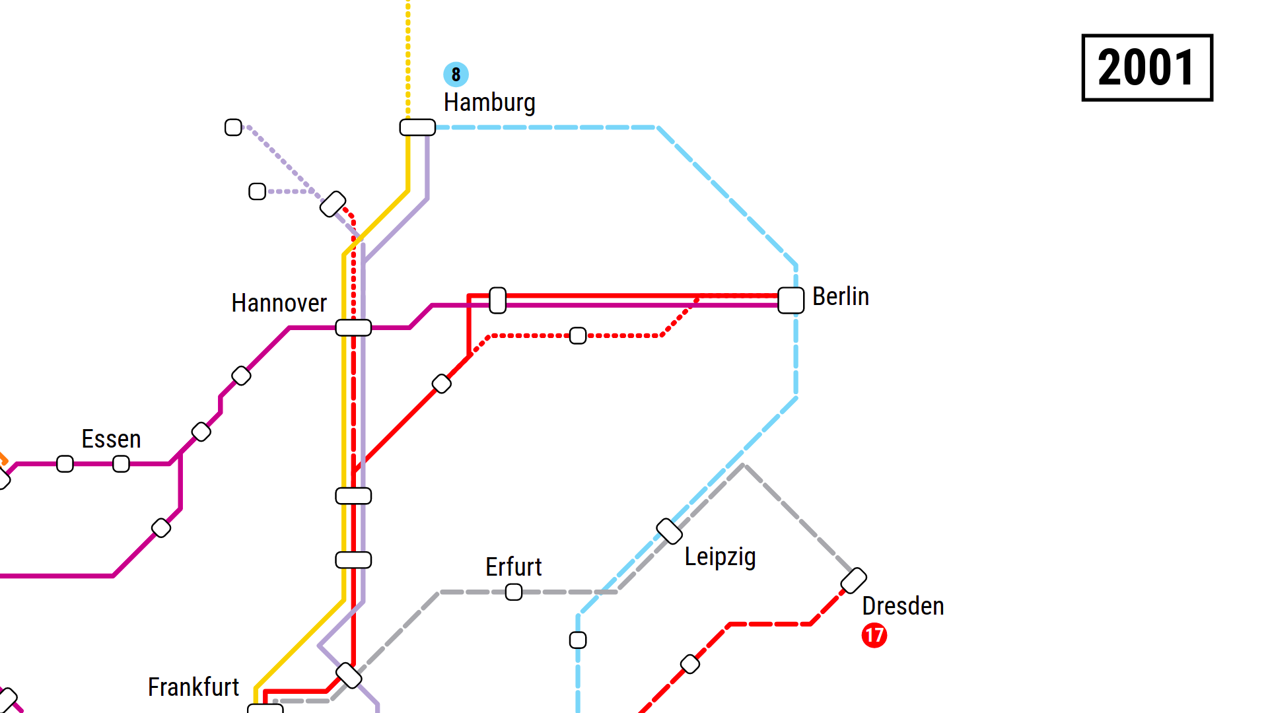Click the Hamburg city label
point(489,103)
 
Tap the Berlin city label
point(840,297)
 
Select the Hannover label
point(279,304)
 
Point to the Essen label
point(111,440)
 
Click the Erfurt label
point(513,567)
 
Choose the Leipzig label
point(720,557)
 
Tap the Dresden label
point(903,606)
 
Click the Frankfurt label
point(193,688)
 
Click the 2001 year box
point(1146,67)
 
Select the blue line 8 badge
point(456,75)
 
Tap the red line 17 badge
point(874,635)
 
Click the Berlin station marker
point(791,300)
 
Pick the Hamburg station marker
point(417,127)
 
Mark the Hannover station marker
point(353,327)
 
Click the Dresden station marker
point(853,580)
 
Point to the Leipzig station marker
point(669,531)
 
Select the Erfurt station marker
point(513,592)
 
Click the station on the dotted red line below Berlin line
point(578,335)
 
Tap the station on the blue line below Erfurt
point(578,640)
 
